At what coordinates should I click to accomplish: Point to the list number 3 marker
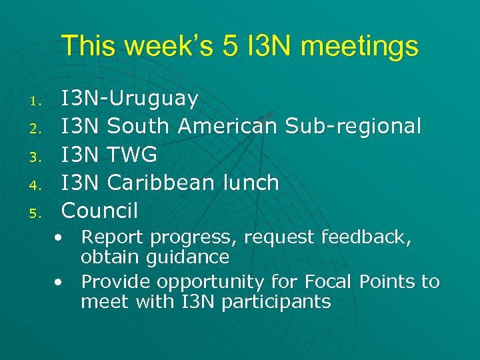click(37, 158)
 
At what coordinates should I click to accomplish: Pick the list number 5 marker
click(37, 214)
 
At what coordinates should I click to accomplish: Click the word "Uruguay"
click(153, 99)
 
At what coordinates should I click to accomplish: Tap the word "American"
click(227, 126)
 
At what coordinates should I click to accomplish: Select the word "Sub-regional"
click(353, 126)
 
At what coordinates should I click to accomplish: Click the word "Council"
click(99, 210)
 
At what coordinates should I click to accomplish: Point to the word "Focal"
click(331, 282)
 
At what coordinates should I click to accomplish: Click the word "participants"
click(276, 302)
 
